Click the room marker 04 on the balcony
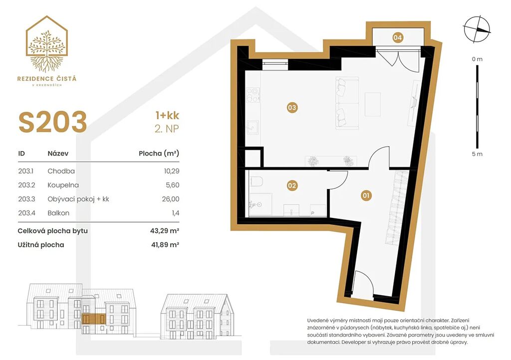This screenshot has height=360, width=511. (397, 37)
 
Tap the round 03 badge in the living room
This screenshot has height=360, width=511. (292, 107)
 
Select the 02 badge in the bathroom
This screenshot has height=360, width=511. (292, 185)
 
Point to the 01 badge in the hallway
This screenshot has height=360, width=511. (366, 195)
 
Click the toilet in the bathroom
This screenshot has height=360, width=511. (256, 181)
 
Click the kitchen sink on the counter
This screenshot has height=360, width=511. (253, 128)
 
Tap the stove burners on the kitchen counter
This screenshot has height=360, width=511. (253, 95)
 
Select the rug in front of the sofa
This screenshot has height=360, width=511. (372, 104)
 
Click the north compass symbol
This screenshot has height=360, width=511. (477, 29)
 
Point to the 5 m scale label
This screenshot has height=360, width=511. (477, 154)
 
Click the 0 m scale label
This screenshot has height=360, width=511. (477, 59)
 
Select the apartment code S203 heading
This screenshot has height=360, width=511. (53, 122)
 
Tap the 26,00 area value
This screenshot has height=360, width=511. (171, 199)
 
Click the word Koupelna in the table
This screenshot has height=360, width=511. (63, 185)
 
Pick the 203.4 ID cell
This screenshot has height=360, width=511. (26, 213)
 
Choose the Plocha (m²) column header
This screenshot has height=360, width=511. (159, 153)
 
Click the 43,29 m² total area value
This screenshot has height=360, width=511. (165, 231)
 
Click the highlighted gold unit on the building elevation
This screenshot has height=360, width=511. (94, 319)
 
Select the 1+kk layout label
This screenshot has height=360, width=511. (167, 115)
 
